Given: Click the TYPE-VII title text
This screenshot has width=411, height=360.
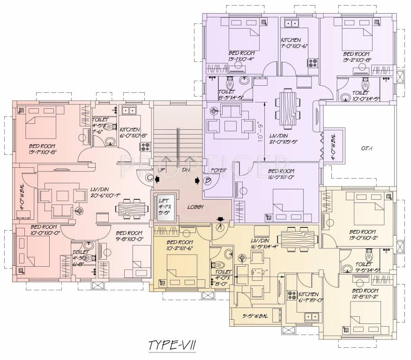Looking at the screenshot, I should [x=172, y=345].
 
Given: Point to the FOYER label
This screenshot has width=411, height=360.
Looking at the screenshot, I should [x=219, y=170].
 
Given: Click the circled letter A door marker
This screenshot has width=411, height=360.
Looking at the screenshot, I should [x=219, y=226].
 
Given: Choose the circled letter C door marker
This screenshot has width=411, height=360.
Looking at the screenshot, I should [x=149, y=178].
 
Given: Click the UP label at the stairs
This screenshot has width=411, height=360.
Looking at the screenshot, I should [x=161, y=170].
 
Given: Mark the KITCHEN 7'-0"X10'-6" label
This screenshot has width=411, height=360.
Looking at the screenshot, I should [x=294, y=43].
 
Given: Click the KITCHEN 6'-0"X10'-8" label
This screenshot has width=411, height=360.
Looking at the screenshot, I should [x=134, y=132].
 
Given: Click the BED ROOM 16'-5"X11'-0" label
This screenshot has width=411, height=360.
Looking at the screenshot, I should [x=281, y=174].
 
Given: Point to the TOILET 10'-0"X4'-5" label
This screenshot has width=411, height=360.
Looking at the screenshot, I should [x=366, y=96].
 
